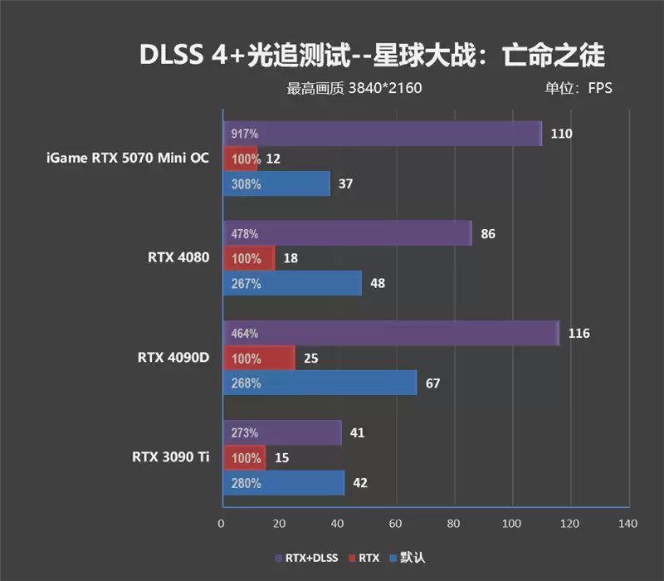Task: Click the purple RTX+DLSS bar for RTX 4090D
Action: click(390, 333)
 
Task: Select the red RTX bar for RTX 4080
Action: click(248, 258)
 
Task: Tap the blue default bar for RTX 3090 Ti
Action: click(283, 483)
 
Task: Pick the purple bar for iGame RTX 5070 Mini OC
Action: click(382, 133)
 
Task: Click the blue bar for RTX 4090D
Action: click(320, 383)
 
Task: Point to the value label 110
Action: click(561, 134)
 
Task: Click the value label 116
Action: click(579, 334)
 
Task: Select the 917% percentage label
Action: click(244, 134)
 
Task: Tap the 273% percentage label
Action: click(244, 433)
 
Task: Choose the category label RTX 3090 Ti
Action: click(170, 456)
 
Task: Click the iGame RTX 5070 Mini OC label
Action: click(128, 158)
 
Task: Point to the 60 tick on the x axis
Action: click(395, 524)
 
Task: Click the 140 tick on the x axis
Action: click(627, 524)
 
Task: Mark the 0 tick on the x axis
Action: click(221, 524)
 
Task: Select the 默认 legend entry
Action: click(407, 558)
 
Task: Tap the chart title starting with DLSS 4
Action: click(371, 55)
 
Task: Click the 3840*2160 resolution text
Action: click(385, 88)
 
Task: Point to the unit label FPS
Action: click(599, 88)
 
